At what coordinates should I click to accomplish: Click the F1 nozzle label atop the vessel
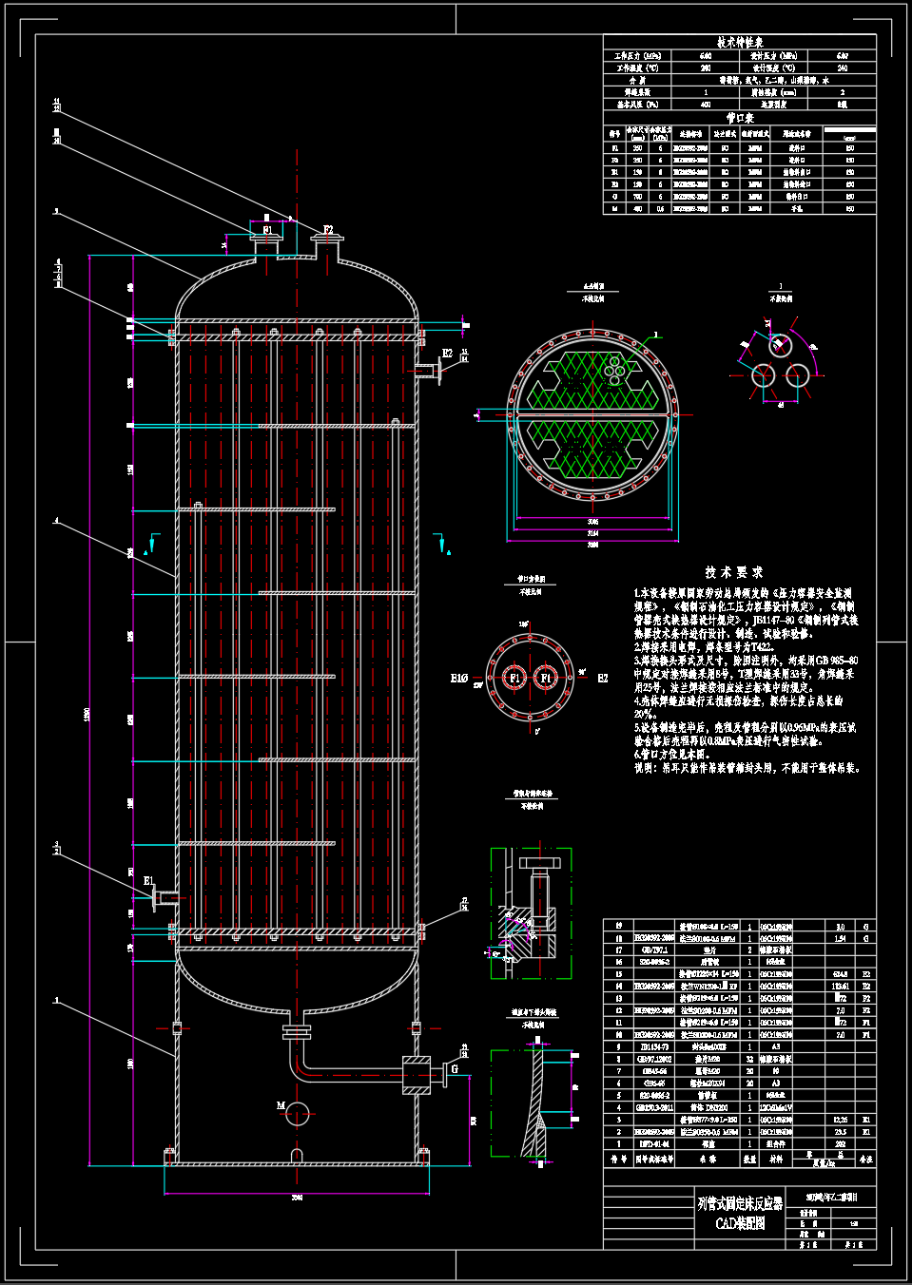[x=267, y=230]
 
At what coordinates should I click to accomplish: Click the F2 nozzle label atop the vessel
[x=328, y=230]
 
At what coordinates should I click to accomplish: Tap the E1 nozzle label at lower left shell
[x=148, y=881]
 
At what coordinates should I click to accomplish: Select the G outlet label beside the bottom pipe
[x=455, y=1068]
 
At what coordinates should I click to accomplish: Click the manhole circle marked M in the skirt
[x=298, y=1113]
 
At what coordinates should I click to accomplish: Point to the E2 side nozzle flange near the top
[x=438, y=370]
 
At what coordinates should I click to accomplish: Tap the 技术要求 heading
[x=734, y=572]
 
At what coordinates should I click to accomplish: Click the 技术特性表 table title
[x=740, y=43]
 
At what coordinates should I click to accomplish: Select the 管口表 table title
[x=740, y=118]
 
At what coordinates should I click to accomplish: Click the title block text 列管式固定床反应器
[x=740, y=1202]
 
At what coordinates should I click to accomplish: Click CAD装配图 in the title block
[x=740, y=1222]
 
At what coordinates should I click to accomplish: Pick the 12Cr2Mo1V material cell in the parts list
[x=776, y=1107]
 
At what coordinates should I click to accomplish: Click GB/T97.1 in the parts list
[x=654, y=949]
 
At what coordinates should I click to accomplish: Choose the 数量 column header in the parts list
[x=749, y=1160]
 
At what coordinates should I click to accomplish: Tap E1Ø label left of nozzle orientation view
[x=458, y=679]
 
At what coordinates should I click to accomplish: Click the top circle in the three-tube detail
[x=780, y=345]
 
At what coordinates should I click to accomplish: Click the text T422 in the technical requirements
[x=759, y=646]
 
